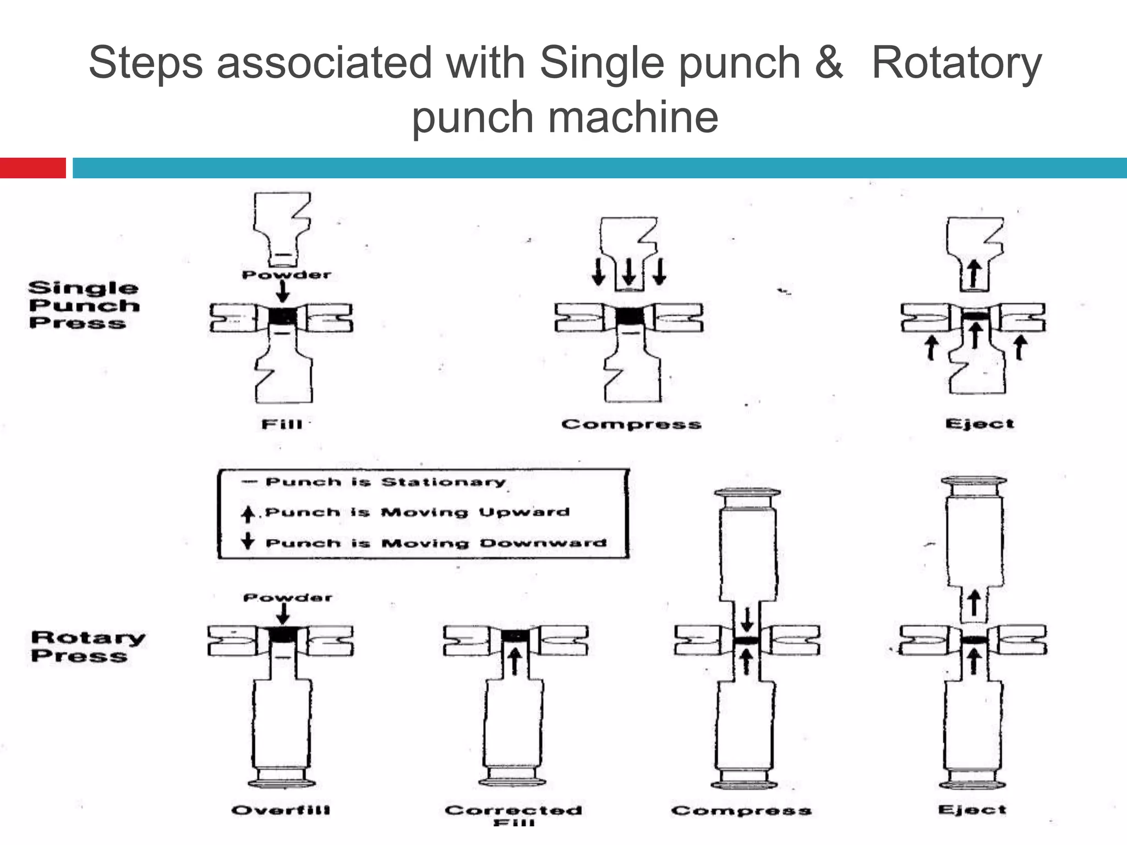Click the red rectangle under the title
[x=32, y=168]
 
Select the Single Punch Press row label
[x=84, y=305]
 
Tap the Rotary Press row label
[x=87, y=646]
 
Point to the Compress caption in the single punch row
[x=631, y=424]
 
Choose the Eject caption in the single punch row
[x=980, y=424]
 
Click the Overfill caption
[x=281, y=810]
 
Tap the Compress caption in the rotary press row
[x=741, y=810]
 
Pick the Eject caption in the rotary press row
[x=972, y=809]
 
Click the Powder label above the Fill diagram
[x=287, y=275]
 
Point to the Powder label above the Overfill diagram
[x=288, y=597]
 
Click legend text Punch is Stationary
[x=385, y=482]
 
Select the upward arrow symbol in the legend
[x=248, y=513]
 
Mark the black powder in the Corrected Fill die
[x=515, y=635]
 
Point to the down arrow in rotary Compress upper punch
[x=747, y=619]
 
